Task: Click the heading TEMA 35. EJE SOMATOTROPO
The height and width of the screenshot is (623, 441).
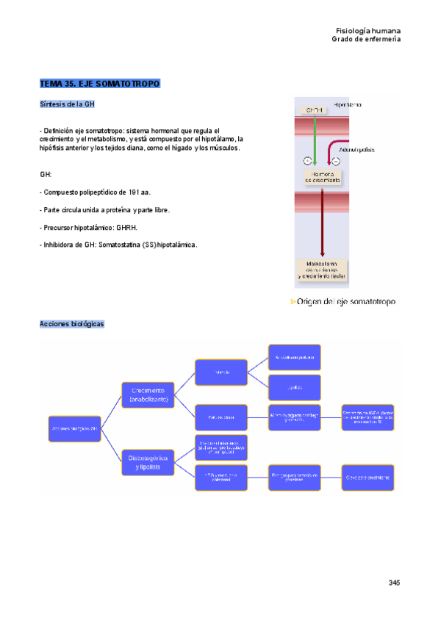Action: [100, 84]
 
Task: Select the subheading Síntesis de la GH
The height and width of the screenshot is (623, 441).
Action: [67, 104]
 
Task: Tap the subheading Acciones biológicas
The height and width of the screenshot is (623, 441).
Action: [72, 324]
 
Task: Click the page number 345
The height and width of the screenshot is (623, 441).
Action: [394, 583]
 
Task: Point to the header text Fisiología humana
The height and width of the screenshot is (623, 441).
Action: [367, 32]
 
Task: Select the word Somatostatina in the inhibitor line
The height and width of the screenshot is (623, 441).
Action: [119, 244]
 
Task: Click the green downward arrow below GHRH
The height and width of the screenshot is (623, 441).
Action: [314, 140]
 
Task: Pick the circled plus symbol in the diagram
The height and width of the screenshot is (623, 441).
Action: [306, 161]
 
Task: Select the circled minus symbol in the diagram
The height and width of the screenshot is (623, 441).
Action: [336, 161]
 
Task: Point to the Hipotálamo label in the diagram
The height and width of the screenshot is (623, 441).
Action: [347, 105]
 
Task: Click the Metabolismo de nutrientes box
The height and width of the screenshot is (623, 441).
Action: [322, 270]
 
